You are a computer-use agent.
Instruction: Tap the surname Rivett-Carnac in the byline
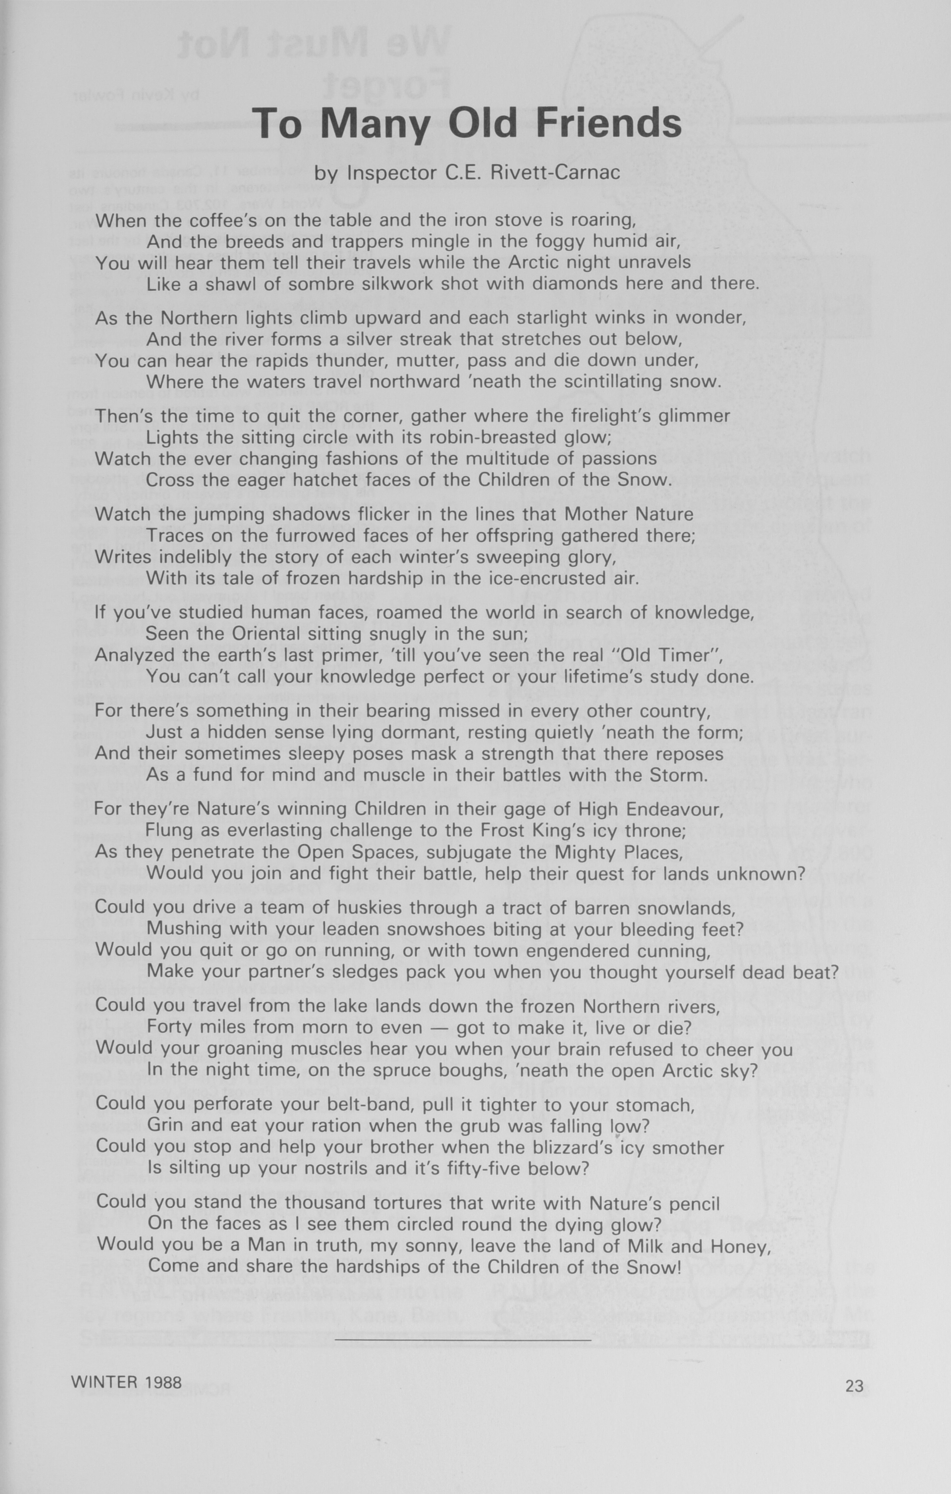[x=555, y=172]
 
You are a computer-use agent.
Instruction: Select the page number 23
[x=854, y=1386]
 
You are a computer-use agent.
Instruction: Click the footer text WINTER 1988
[x=127, y=1382]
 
